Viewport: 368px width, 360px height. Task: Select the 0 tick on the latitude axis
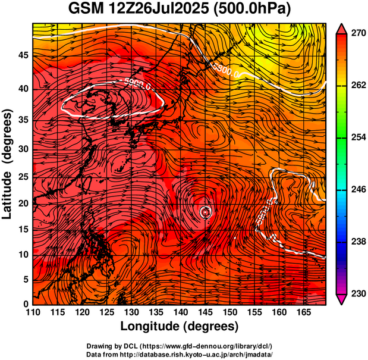[x=26, y=304]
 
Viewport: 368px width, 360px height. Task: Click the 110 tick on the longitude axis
[x=33, y=312]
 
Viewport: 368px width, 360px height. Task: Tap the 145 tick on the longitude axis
[x=204, y=312]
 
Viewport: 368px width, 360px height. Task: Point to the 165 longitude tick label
[x=302, y=312]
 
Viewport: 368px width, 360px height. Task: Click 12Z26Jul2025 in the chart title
[x=153, y=10]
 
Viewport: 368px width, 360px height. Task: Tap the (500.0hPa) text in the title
[x=249, y=10]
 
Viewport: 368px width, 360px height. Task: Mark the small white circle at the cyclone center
[x=206, y=211]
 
